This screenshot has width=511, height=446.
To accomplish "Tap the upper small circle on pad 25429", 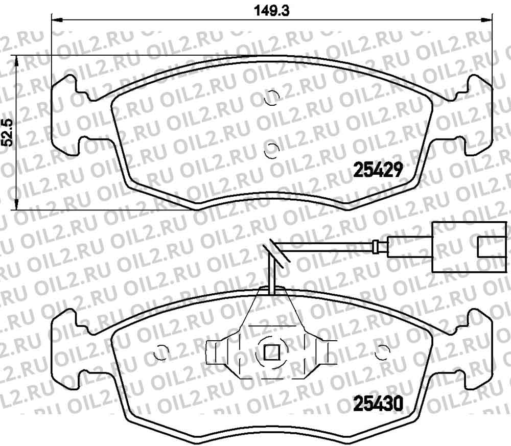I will click(x=272, y=97).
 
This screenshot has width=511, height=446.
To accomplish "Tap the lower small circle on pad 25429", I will click(x=272, y=149).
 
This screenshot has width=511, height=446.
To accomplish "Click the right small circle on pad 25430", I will click(x=381, y=351).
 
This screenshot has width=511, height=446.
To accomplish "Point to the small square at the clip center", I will click(x=271, y=352).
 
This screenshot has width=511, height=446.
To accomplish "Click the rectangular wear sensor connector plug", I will click(x=462, y=247).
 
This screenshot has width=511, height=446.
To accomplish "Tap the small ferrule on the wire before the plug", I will click(x=377, y=247).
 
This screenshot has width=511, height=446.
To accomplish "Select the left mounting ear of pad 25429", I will click(x=66, y=115).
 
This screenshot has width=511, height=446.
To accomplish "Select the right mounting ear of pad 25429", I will click(x=478, y=115).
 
